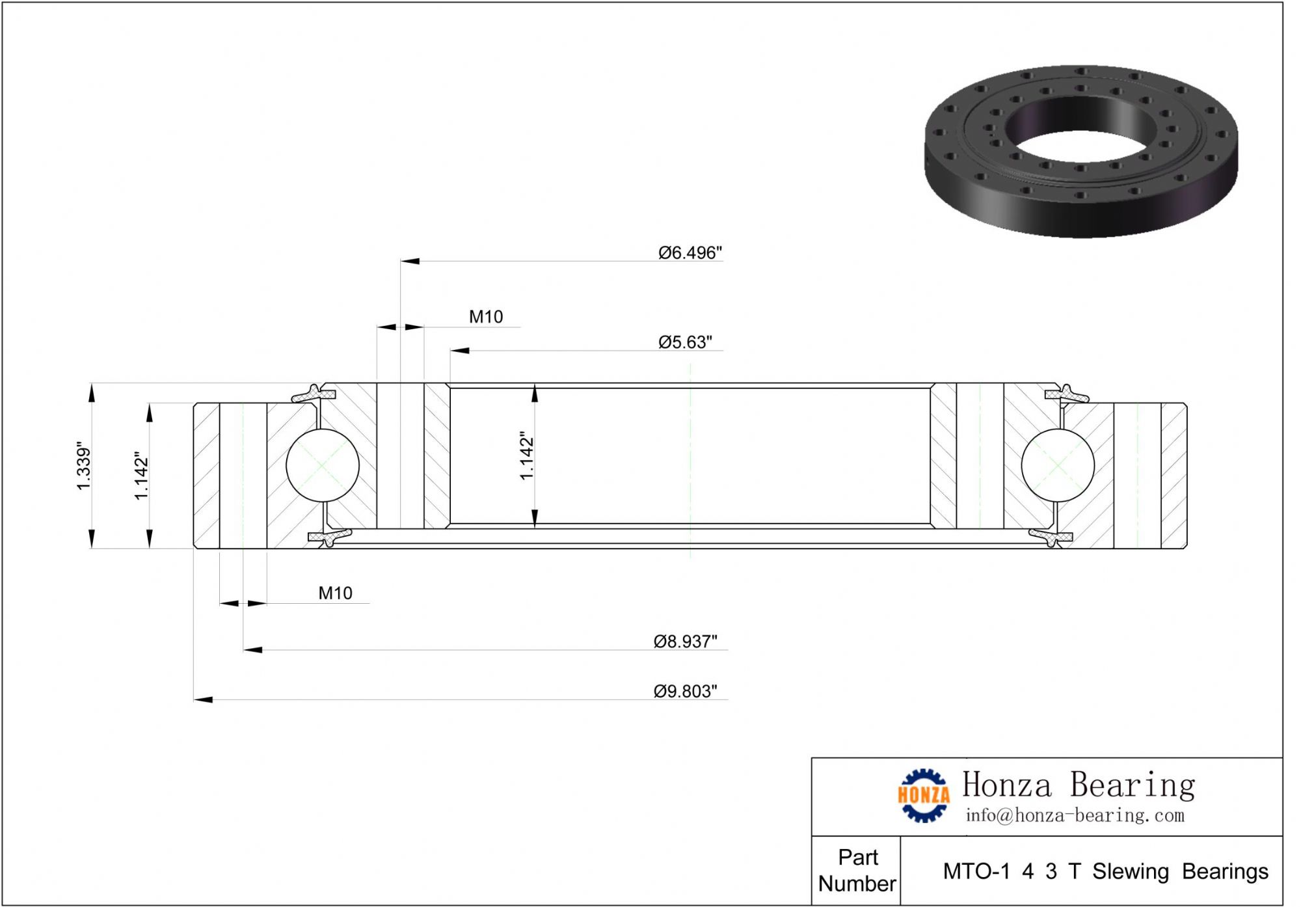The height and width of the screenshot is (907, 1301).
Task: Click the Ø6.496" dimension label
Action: pos(690,252)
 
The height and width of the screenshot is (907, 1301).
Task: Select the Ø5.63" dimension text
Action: pos(685,342)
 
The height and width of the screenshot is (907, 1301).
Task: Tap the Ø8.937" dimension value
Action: pos(685,642)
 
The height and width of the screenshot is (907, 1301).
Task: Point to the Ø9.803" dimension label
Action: pos(685,691)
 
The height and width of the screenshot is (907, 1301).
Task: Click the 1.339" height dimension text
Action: pos(84,467)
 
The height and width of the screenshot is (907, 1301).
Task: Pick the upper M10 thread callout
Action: pos(486,317)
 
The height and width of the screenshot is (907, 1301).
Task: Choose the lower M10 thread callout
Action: pos(335,593)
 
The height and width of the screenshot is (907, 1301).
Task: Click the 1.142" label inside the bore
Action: pos(526,455)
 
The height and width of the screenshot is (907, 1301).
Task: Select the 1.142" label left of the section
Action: pos(141,476)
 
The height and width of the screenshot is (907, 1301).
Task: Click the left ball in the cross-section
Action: pos(323,465)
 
